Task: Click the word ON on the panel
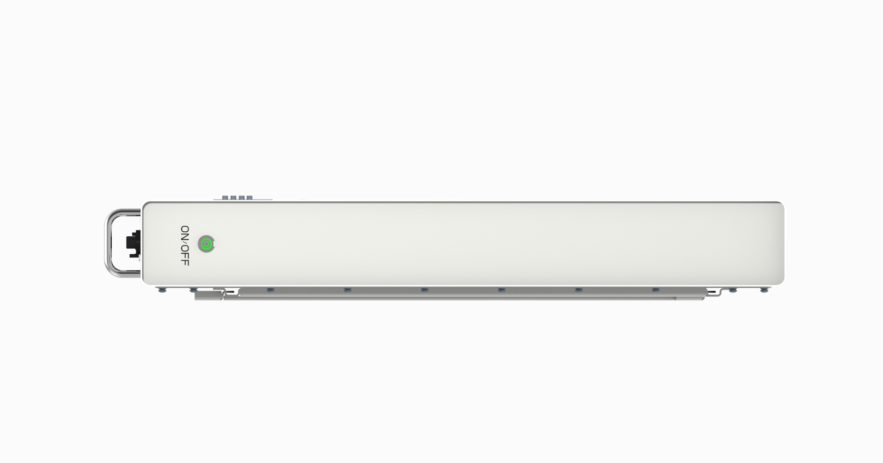pos(185,233)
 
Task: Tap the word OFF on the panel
pos(185,256)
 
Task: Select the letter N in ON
pos(185,237)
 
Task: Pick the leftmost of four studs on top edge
pos(225,198)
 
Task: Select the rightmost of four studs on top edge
pos(250,198)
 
